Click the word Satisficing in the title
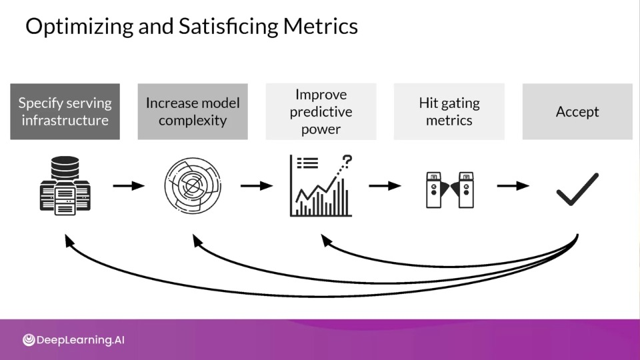point(229,27)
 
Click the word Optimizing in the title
point(79,27)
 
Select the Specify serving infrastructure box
point(65,111)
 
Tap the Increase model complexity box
point(193,111)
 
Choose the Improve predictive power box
point(321,111)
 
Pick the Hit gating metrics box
point(449,111)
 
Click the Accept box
point(577,111)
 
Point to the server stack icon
point(65,186)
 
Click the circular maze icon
point(193,186)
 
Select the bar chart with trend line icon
point(321,186)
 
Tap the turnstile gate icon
point(450,190)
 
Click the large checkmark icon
point(577,189)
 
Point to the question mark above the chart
point(347,161)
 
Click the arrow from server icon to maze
point(129,186)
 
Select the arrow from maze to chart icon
point(257,186)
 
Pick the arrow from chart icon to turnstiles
point(385,186)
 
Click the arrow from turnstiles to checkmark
point(513,186)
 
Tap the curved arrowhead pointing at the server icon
point(69,241)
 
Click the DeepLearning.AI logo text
point(81,340)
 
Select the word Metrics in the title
point(321,27)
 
